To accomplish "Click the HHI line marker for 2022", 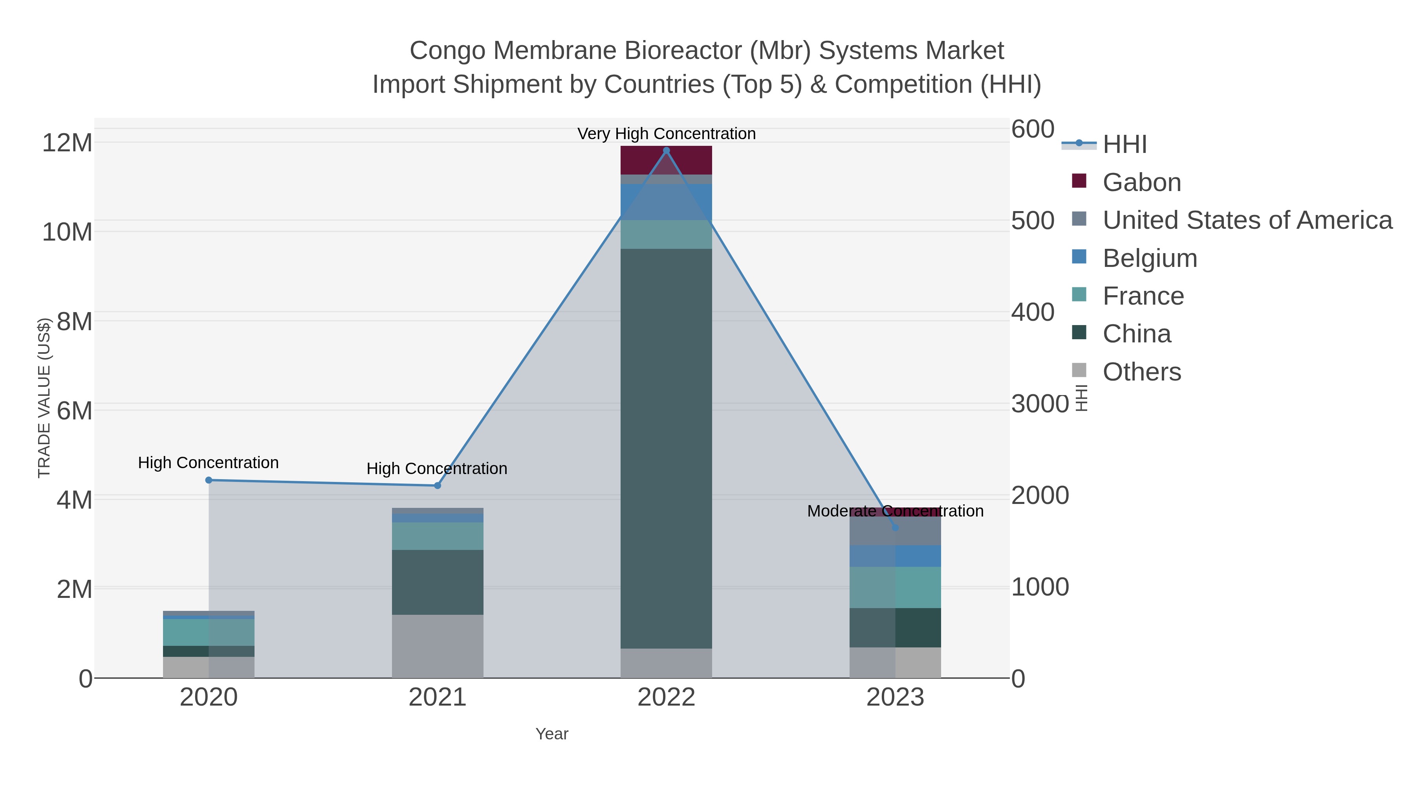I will click(x=667, y=151).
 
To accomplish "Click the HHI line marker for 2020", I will click(x=209, y=480).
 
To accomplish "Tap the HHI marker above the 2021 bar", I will click(x=438, y=485).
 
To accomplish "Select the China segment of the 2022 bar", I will click(x=667, y=448).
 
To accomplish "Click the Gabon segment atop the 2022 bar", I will click(x=667, y=160).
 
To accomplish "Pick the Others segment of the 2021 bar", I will click(x=438, y=646).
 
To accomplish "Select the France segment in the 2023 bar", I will click(x=895, y=587).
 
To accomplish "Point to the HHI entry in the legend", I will click(x=1124, y=145).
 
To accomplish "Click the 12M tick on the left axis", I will click(x=67, y=143).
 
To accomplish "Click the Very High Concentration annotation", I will click(x=667, y=134).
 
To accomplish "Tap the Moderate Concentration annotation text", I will click(x=895, y=511).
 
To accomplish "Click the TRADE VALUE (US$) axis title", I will click(x=44, y=398).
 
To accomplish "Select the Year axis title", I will click(x=552, y=734).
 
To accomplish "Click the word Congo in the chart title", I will click(x=447, y=51).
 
